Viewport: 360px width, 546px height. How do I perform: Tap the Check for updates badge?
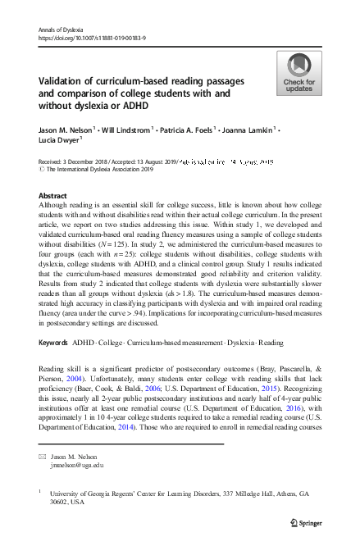point(298,74)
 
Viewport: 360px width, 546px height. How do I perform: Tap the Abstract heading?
point(52,195)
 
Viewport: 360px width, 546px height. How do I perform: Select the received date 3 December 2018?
point(90,163)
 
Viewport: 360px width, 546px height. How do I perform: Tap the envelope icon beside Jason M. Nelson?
point(43,455)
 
